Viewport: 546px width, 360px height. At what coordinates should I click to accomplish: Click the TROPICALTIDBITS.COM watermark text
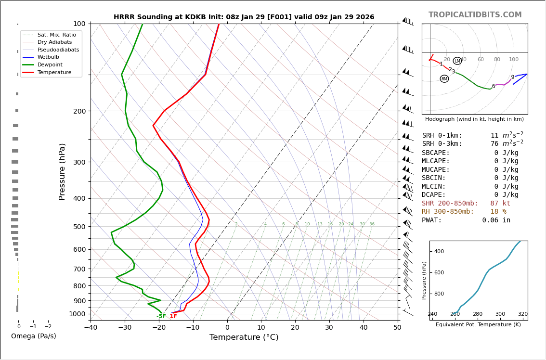pyautogui.click(x=475, y=15)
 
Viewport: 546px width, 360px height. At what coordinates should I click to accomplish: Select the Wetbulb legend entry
pyautogui.click(x=48, y=57)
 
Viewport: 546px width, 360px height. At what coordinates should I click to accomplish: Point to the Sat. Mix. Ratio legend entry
pyautogui.click(x=56, y=35)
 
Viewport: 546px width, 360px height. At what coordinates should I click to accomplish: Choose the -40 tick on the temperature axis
pyautogui.click(x=91, y=328)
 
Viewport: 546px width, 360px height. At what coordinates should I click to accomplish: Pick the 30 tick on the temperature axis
pyautogui.click(x=329, y=328)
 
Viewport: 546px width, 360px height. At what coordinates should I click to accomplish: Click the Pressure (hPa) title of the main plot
pyautogui.click(x=62, y=171)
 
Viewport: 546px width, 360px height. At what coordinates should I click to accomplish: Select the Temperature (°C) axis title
pyautogui.click(x=244, y=337)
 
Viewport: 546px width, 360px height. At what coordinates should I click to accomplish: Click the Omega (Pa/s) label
pyautogui.click(x=33, y=336)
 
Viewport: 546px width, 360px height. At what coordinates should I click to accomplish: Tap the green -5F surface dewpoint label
pyautogui.click(x=161, y=316)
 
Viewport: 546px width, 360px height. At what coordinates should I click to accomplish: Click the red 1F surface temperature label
pyautogui.click(x=173, y=316)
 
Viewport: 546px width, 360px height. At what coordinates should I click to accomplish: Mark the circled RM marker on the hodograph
pyautogui.click(x=444, y=79)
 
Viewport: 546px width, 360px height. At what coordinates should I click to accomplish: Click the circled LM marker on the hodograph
pyautogui.click(x=457, y=61)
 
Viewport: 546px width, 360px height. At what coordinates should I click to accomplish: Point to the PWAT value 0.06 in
pyautogui.click(x=496, y=220)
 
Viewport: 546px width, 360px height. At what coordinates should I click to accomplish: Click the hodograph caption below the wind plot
pyautogui.click(x=474, y=119)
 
